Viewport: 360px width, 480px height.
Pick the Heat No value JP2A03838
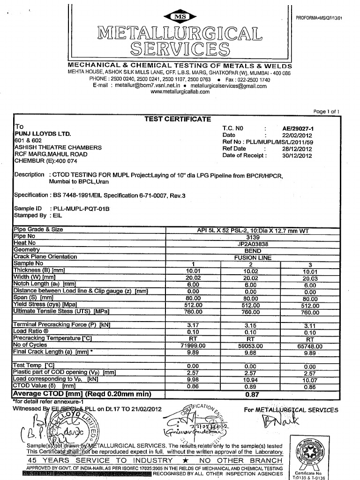(253, 243)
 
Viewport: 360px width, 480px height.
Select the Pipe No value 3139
(253, 237)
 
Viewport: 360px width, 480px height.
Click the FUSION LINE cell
(253, 257)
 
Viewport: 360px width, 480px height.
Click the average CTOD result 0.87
(252, 394)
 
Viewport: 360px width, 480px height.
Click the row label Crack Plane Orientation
(45, 257)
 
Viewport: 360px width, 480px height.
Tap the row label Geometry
(28, 250)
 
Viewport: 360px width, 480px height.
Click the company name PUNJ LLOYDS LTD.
(43, 134)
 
